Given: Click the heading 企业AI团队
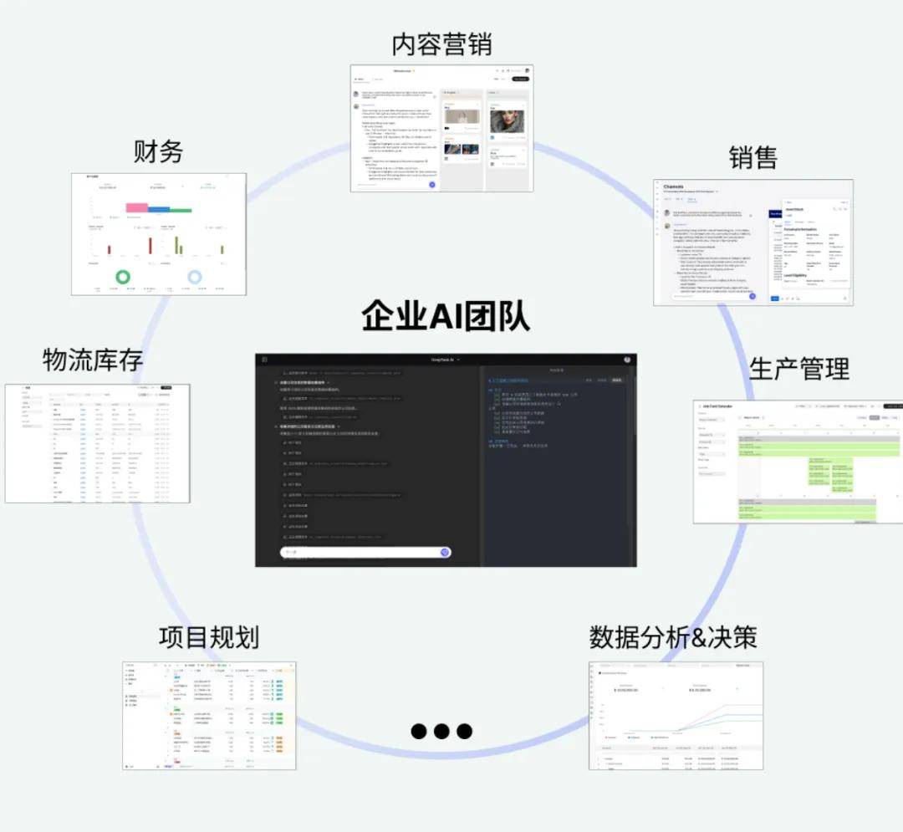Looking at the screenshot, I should tap(445, 318).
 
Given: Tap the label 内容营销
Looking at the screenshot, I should tap(441, 44).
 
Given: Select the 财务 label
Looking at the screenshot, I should tap(158, 151).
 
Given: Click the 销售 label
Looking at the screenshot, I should tap(752, 157).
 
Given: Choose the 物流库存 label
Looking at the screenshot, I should tap(93, 360).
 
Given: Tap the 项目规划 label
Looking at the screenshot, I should tap(208, 638).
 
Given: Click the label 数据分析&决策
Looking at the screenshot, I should tap(673, 637).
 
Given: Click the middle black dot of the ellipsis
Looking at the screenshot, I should tap(441, 731).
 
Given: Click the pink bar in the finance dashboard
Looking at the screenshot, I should tap(136, 207).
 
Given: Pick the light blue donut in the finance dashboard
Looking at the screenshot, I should tap(195, 277).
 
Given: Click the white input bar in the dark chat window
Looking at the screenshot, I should tap(360, 552).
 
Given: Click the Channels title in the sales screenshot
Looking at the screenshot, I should tap(673, 187).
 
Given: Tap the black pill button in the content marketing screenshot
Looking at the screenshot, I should tap(520, 79).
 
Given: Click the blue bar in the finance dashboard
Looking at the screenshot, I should tap(159, 210).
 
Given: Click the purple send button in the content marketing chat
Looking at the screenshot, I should tap(432, 184).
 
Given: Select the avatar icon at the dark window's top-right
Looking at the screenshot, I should tap(627, 360).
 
